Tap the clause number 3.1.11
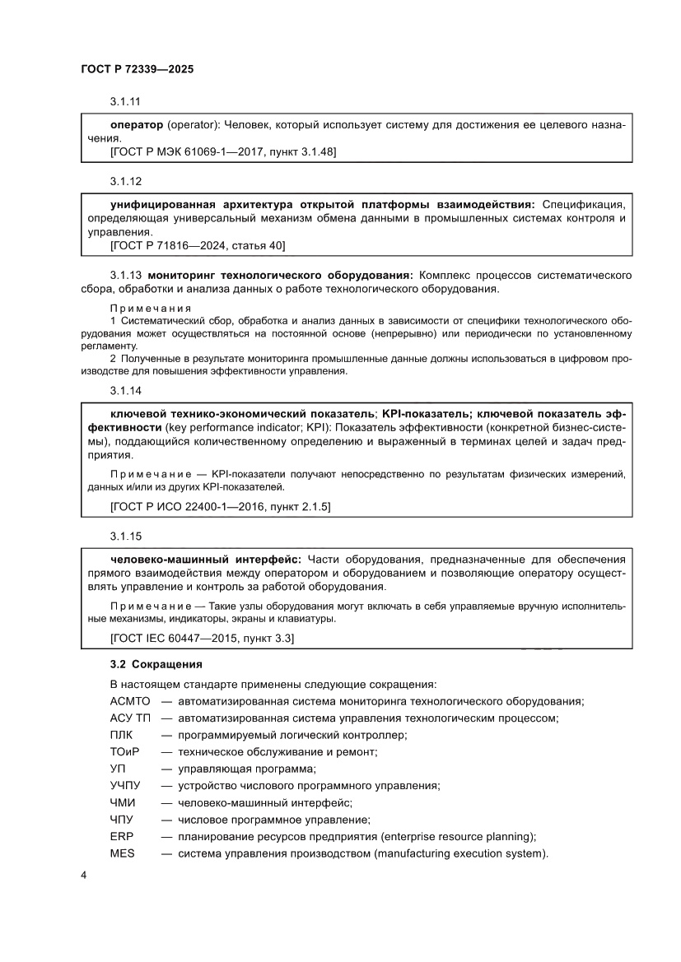[126, 102]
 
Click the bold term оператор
[137, 125]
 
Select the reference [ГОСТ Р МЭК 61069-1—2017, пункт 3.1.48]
[222, 152]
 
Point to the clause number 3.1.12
[126, 180]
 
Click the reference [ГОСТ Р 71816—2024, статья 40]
[197, 245]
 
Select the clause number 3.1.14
[126, 390]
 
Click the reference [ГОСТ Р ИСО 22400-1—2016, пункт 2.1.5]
[220, 508]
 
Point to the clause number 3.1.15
[126, 536]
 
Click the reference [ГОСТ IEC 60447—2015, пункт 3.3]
[202, 638]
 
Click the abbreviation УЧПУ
[124, 785]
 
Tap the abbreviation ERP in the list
[120, 836]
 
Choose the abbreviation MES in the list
[121, 853]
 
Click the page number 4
[83, 875]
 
